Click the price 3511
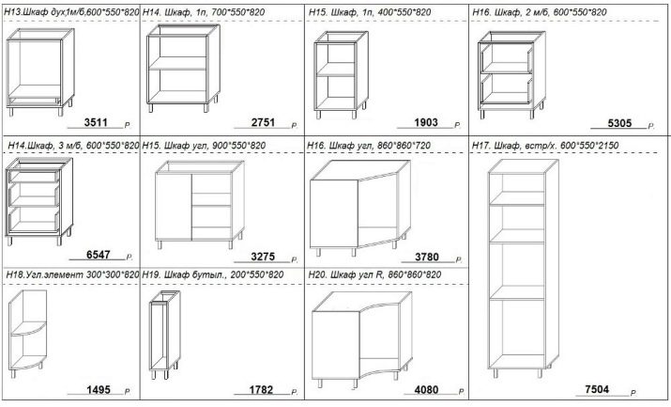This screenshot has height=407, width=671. point(96,122)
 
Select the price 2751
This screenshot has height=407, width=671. point(263,122)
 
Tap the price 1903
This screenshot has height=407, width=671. point(426,122)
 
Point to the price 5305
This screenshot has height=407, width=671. point(619,123)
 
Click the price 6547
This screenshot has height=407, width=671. point(99,255)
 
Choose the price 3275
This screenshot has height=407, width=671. point(263,257)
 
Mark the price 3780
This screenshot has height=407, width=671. point(427,257)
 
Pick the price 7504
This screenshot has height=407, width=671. point(597,389)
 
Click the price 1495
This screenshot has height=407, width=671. point(99,389)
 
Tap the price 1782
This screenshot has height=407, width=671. point(261,390)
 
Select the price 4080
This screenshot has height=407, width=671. point(426,390)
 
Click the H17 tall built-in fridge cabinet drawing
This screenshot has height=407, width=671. point(524,269)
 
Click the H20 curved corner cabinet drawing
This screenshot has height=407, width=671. point(362,339)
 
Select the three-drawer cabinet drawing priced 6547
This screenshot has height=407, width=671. point(38,201)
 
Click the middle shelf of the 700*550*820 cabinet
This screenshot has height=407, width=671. point(177,63)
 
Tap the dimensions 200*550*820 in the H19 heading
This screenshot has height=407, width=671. point(257,274)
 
